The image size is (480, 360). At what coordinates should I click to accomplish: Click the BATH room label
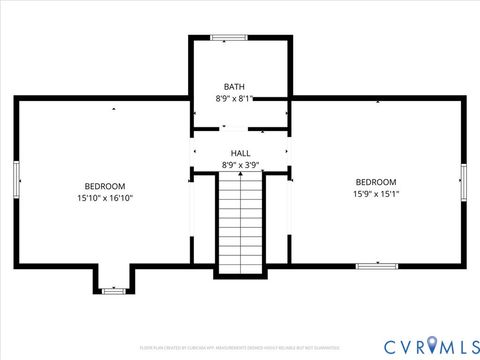point(234,87)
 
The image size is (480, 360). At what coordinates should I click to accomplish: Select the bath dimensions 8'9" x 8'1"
point(234,99)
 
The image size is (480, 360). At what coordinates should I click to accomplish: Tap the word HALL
point(241,153)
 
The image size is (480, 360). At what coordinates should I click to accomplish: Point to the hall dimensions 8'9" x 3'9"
point(241,165)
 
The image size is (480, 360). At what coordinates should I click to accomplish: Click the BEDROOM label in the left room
point(104,186)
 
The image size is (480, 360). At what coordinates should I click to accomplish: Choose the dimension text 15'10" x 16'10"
point(104,198)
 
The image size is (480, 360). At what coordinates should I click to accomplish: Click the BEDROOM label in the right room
point(376,181)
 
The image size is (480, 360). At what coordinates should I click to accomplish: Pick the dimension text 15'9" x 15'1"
point(376,194)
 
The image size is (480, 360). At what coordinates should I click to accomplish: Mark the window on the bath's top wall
point(229,38)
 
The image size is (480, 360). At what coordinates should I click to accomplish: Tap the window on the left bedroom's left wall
point(16,181)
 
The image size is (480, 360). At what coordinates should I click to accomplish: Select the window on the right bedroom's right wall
point(463,181)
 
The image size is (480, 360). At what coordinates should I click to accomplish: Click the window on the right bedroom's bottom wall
point(376,266)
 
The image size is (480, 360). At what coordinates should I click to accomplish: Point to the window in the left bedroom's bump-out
point(114,291)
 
